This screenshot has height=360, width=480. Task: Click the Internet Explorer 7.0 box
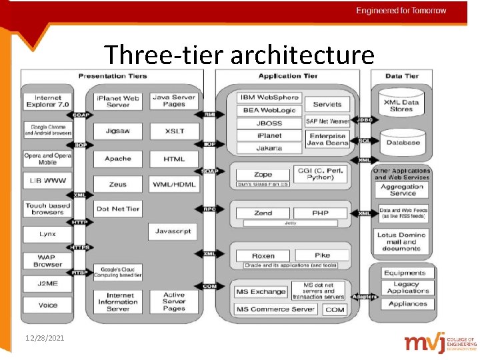[48, 101]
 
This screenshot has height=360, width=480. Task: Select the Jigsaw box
[118, 131]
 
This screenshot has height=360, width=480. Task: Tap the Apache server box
[118, 159]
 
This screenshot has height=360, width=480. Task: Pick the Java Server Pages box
[174, 101]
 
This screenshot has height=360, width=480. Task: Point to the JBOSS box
[269, 123]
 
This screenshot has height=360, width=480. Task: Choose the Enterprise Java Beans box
[327, 140]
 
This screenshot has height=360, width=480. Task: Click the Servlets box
[327, 104]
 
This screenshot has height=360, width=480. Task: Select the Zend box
[263, 213]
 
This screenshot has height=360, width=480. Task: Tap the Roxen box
[263, 256]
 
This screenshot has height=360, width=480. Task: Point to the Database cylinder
[402, 142]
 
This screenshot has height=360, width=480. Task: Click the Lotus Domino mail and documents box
[401, 241]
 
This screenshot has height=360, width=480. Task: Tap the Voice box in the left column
[48, 305]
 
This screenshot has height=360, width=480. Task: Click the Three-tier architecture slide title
[239, 55]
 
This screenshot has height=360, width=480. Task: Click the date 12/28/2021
[46, 339]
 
